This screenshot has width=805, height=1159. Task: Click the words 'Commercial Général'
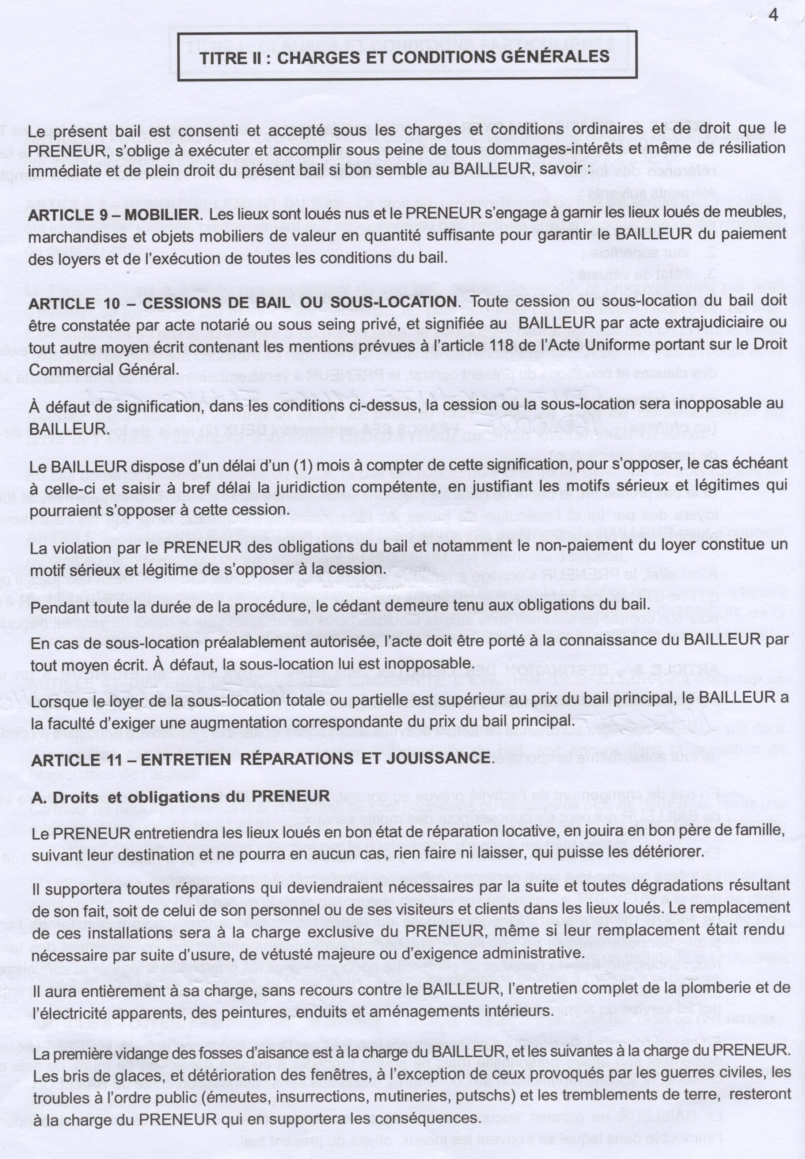[x=103, y=369]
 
